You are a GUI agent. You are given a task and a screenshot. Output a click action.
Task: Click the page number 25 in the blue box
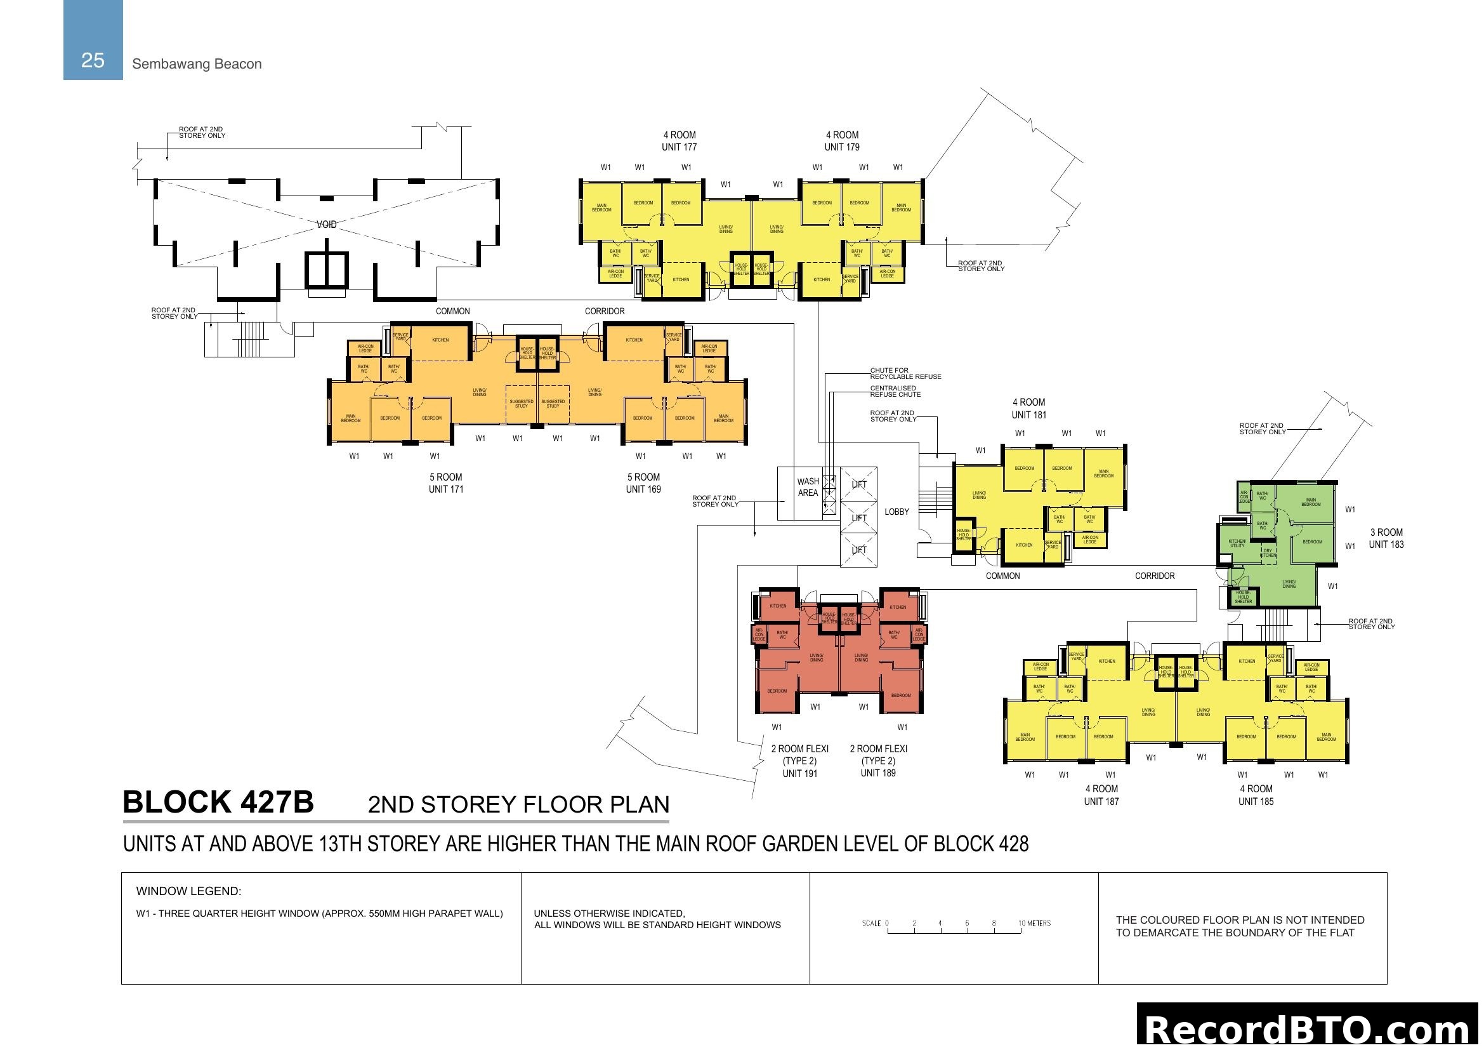(93, 60)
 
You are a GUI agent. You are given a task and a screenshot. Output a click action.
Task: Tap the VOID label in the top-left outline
(326, 224)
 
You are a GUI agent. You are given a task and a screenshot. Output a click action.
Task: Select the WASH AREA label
(808, 487)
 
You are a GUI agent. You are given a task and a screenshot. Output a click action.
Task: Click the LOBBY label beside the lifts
(896, 512)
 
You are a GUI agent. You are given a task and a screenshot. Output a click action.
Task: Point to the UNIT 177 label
(680, 147)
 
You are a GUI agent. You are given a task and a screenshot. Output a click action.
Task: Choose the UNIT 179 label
(841, 147)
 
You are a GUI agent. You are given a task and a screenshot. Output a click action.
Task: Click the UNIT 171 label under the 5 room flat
(446, 489)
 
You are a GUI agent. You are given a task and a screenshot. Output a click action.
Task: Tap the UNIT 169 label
(643, 489)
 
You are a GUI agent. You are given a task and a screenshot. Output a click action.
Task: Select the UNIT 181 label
(1029, 415)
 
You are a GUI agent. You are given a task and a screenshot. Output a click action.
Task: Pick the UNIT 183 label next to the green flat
(1386, 545)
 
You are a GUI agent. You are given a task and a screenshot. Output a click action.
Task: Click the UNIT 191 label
(800, 773)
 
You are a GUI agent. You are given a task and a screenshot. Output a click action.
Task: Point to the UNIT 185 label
(1256, 802)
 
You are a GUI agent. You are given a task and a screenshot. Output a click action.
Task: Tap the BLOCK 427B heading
(218, 802)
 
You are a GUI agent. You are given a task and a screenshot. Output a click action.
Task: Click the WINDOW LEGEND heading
(188, 891)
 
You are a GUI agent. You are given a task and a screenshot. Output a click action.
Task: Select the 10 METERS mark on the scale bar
(1034, 923)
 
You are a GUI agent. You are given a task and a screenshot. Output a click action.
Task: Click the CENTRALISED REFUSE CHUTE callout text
(895, 391)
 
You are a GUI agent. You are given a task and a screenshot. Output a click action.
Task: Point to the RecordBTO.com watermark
(1308, 1029)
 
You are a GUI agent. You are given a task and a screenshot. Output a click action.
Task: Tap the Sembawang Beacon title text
(197, 64)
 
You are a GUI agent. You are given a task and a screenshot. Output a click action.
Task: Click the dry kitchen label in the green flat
(1268, 554)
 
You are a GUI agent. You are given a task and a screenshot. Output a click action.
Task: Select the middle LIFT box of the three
(859, 518)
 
